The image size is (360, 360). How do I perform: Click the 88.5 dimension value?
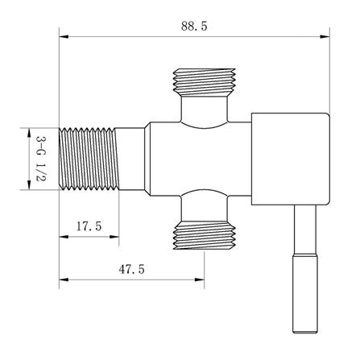point(194,26)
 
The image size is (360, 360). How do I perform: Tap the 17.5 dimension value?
point(89,226)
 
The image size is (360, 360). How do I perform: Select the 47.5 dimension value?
point(131,269)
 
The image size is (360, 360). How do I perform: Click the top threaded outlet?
point(205,81)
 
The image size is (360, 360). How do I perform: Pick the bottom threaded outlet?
point(205,235)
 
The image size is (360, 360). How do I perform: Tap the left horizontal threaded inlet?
point(89,159)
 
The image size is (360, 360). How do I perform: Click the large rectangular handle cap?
point(291,159)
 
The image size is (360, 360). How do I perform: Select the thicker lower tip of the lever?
point(306,293)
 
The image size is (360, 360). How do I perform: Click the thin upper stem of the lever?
point(305,230)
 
